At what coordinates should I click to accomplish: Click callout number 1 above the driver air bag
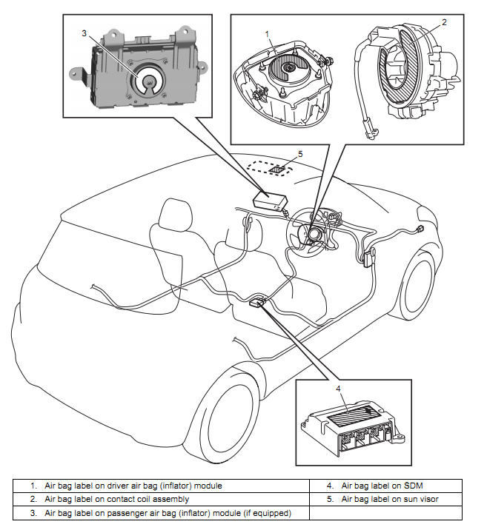click(266, 34)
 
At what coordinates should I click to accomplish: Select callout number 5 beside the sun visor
click(300, 154)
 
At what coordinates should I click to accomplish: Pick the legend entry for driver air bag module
click(133, 486)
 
